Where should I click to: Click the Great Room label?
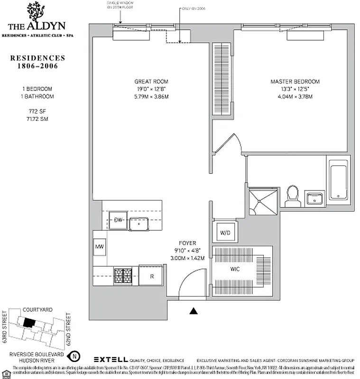tap(151, 81)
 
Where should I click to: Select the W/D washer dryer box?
tap(224, 232)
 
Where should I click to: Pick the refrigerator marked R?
tap(151, 275)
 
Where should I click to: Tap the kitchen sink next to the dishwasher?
tap(139, 223)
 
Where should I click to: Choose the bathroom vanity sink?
tap(315, 198)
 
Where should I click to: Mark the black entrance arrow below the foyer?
tap(193, 311)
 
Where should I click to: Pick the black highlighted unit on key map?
tap(29, 322)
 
